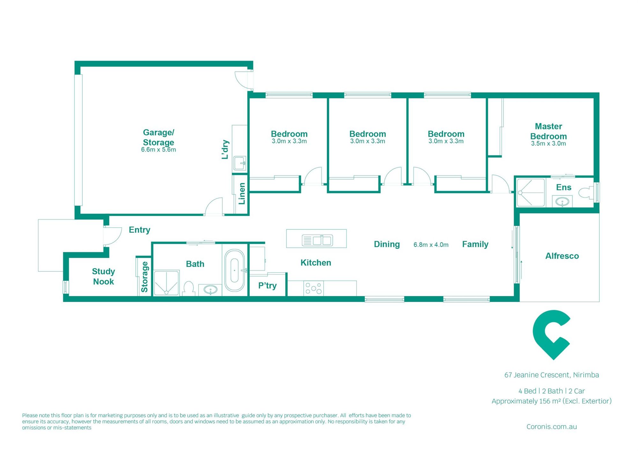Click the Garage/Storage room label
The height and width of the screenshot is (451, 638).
[159, 137]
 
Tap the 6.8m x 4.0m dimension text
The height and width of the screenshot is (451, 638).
[431, 245]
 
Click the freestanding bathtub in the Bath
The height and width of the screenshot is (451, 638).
[234, 270]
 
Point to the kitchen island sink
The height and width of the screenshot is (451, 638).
[317, 240]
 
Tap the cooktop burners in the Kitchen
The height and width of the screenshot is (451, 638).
[314, 288]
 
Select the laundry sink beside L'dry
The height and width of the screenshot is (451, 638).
[240, 164]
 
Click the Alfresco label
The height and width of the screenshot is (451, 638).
[562, 256]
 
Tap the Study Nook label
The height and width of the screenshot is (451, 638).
[103, 277]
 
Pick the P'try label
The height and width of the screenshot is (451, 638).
[267, 285]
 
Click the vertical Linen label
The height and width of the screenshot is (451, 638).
[242, 194]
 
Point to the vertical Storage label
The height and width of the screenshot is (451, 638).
[145, 277]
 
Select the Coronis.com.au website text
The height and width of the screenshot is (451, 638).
[552, 426]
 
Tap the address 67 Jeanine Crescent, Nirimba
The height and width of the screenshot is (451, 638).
[552, 375]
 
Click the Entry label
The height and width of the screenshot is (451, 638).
[139, 230]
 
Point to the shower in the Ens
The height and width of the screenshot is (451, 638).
[531, 192]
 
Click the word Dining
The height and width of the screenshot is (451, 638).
[387, 244]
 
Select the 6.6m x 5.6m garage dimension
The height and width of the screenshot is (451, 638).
[159, 150]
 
